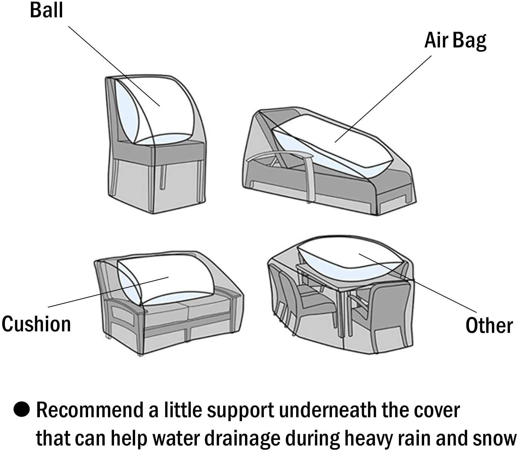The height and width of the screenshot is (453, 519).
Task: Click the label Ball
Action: tap(46, 10)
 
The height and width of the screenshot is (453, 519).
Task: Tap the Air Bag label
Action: tap(455, 41)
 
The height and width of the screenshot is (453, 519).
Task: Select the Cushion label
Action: tap(36, 324)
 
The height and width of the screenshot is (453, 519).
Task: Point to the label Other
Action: tap(489, 326)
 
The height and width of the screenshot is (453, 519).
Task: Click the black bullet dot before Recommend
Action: tap(21, 410)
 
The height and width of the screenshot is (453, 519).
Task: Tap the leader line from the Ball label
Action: tap(113, 66)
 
